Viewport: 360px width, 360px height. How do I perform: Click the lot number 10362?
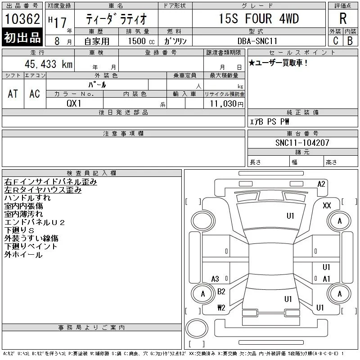[22, 19]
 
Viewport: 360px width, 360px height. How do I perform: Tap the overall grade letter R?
[343, 18]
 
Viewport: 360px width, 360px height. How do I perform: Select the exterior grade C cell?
[335, 40]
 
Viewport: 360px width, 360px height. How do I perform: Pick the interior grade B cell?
[350, 40]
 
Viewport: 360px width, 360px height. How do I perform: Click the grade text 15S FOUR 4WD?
[259, 18]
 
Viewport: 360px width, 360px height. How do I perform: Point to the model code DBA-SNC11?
[257, 41]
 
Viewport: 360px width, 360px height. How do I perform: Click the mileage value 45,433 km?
[49, 64]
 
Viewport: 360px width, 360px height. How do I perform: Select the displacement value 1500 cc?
[141, 41]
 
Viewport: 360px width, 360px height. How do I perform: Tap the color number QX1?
[74, 103]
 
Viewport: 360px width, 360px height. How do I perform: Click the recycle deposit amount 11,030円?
[227, 103]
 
